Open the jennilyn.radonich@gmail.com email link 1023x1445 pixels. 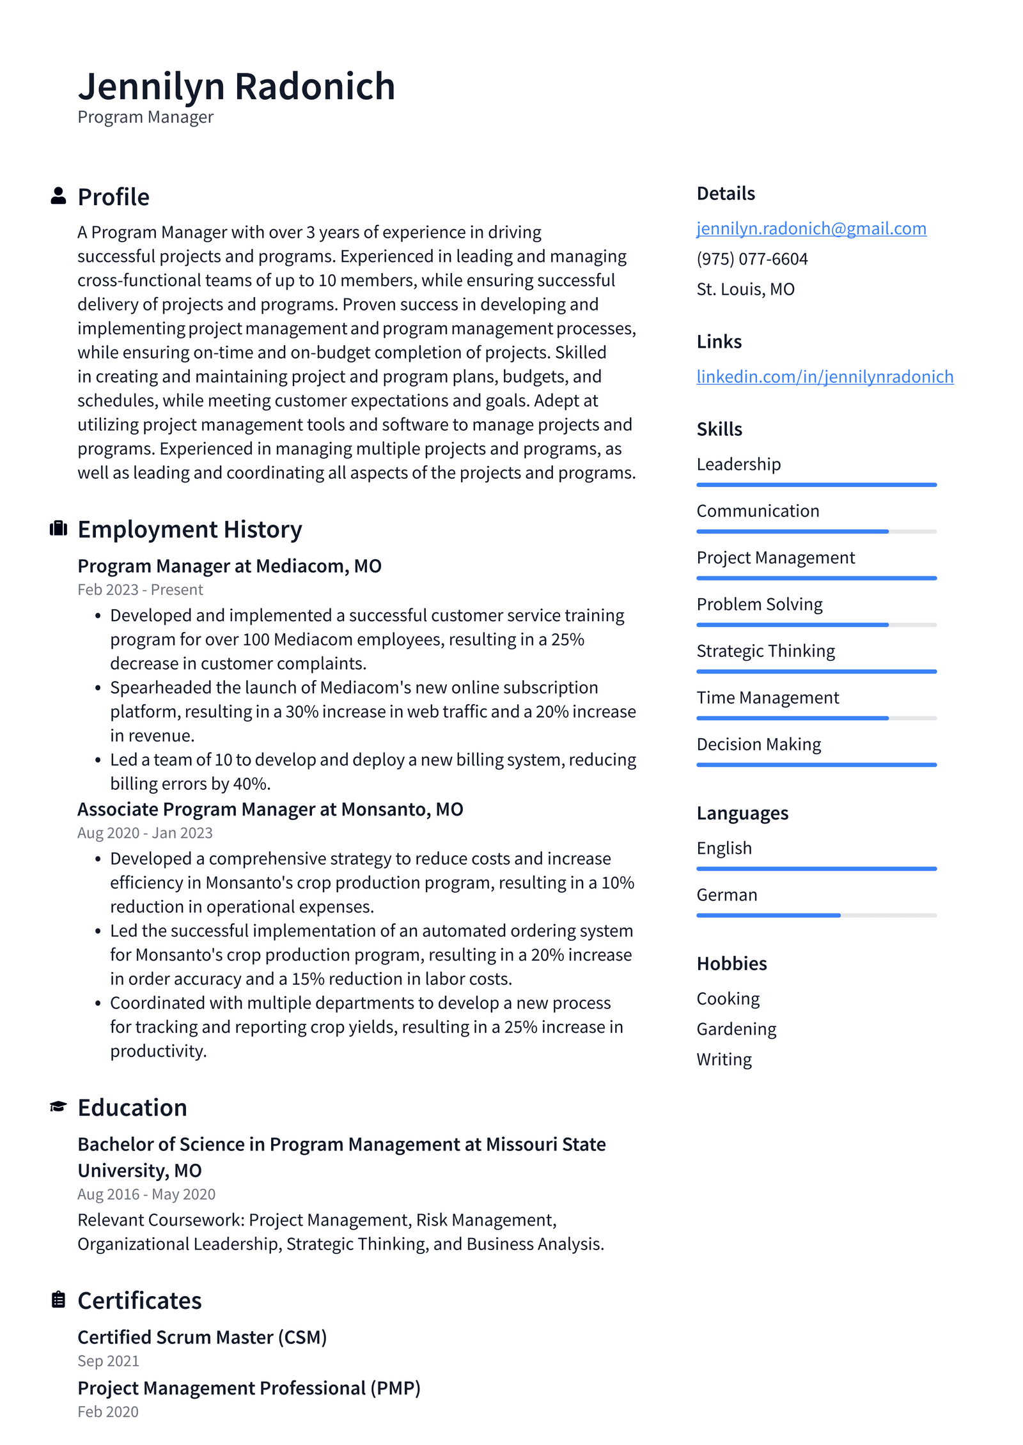[x=811, y=228]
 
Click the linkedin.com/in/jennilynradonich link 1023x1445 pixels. [x=824, y=376]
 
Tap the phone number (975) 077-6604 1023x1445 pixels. [x=752, y=259]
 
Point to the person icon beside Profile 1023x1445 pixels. [x=58, y=196]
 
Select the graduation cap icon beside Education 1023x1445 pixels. [x=58, y=1106]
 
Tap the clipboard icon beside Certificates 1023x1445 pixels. [x=58, y=1299]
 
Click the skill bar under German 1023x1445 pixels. [x=816, y=915]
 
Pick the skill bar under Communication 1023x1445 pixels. [x=816, y=531]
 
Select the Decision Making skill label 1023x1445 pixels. [x=758, y=744]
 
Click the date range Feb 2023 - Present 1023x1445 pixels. [x=140, y=589]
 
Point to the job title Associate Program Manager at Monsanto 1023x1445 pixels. [x=270, y=809]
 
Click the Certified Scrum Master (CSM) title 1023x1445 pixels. [x=202, y=1337]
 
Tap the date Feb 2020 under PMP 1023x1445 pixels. [x=108, y=1412]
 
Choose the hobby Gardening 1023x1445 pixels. [x=736, y=1029]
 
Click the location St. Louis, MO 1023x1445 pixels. [x=746, y=289]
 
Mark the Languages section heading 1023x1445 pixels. [x=742, y=813]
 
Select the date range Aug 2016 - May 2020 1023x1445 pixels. [x=146, y=1194]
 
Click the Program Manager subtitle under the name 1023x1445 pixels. [x=145, y=117]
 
